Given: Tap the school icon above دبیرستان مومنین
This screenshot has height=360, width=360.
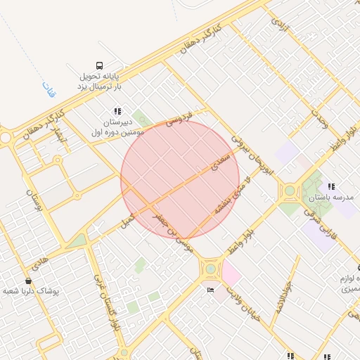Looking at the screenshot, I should tap(117, 111).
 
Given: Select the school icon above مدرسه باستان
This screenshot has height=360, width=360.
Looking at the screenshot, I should tap(331, 187).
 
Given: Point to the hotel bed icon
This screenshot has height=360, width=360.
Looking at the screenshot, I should tap(210, 290).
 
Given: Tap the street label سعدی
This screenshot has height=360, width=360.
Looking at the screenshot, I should tap(219, 164).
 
